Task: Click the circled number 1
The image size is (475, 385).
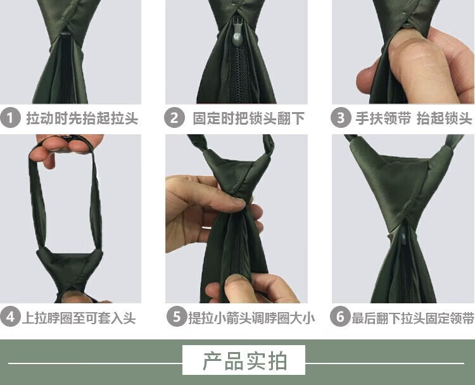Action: click(10, 118)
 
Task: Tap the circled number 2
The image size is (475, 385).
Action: click(174, 118)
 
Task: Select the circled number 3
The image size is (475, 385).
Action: click(341, 118)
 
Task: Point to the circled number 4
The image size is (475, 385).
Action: click(10, 317)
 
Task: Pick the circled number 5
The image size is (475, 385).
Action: click(176, 317)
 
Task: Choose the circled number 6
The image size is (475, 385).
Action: click(340, 317)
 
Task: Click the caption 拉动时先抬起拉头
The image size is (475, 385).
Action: click(82, 118)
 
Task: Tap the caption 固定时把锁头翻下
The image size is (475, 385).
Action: click(248, 118)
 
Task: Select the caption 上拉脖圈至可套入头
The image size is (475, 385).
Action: click(79, 318)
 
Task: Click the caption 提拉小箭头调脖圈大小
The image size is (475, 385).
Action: click(251, 318)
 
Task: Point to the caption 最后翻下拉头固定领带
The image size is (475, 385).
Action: click(412, 318)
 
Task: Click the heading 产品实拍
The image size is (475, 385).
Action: click(244, 361)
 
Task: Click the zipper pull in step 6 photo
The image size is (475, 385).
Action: click(404, 238)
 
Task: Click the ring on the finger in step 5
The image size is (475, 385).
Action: click(206, 227)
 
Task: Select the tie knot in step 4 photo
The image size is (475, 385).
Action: click(70, 270)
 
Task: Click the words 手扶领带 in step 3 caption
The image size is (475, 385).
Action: click(383, 118)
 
